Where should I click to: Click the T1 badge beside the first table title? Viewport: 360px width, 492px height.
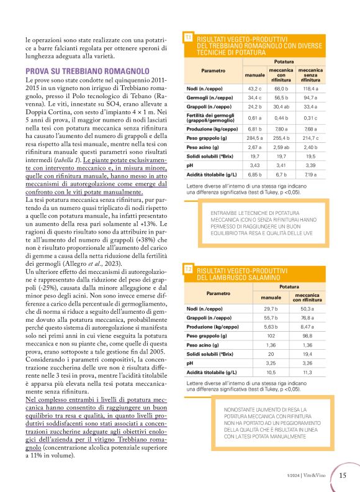point(189,39)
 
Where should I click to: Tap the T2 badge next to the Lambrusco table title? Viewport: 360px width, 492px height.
point(189,269)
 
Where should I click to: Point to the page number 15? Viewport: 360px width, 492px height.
point(343,475)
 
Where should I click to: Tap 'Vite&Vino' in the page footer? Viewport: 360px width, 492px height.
point(317,476)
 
